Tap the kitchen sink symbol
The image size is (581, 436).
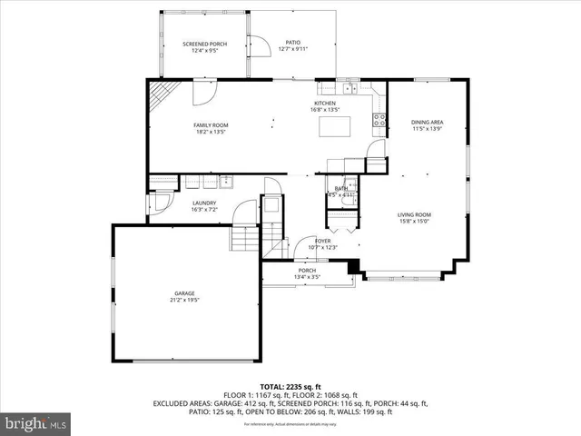click(350, 89)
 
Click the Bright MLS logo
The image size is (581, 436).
click(36, 423)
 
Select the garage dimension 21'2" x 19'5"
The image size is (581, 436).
click(185, 300)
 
